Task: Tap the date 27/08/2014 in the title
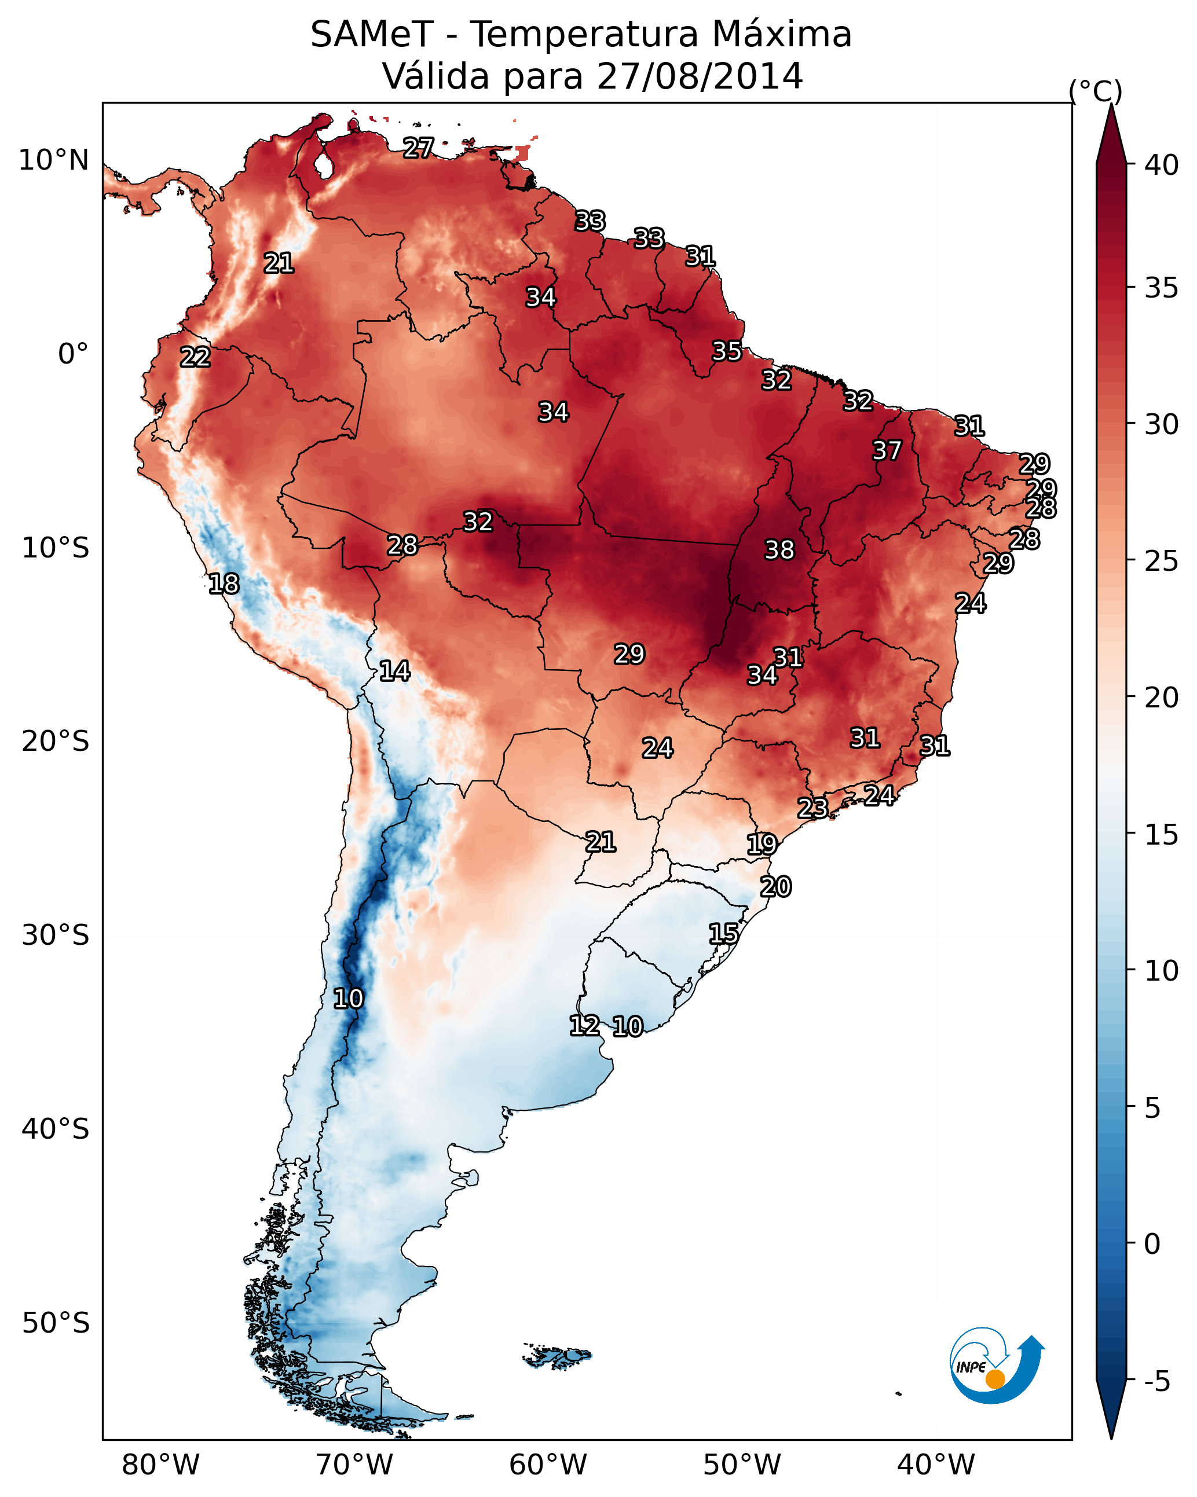[699, 76]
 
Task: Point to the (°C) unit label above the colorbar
[1095, 91]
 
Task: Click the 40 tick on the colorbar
[1161, 165]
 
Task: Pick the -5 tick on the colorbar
[1156, 1382]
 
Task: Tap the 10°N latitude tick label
[53, 160]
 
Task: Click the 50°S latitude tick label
[56, 1323]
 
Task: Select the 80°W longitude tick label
[160, 1465]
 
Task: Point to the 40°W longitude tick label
[936, 1465]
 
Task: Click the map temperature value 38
[779, 550]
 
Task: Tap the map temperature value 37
[887, 450]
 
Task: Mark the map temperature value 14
[394, 671]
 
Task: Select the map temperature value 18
[224, 584]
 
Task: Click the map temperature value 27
[418, 147]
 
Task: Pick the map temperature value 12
[584, 1026]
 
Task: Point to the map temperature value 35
[727, 351]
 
